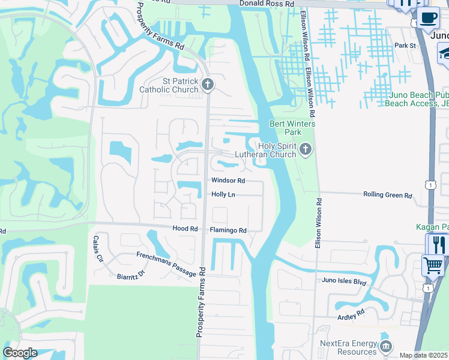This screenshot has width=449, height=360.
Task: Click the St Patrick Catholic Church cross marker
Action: (x=208, y=85)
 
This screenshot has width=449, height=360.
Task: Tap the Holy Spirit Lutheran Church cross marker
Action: (x=306, y=149)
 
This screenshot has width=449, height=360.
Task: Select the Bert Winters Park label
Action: (x=284, y=128)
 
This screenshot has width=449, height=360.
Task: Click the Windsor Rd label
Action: (x=228, y=181)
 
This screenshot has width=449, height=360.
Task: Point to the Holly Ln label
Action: (x=223, y=194)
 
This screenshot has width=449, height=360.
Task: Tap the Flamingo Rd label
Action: (x=228, y=230)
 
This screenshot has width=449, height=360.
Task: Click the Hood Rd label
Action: (x=185, y=229)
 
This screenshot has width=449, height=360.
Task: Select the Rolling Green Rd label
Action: (x=388, y=195)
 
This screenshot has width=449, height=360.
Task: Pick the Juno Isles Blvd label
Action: (x=344, y=281)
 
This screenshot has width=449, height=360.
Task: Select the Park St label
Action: (x=405, y=46)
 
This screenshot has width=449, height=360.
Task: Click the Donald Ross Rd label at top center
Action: (x=267, y=4)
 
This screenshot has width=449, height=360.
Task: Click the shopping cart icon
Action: (x=433, y=265)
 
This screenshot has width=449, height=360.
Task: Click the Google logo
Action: (x=20, y=353)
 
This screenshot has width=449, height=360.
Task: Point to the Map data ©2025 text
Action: (x=424, y=355)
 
